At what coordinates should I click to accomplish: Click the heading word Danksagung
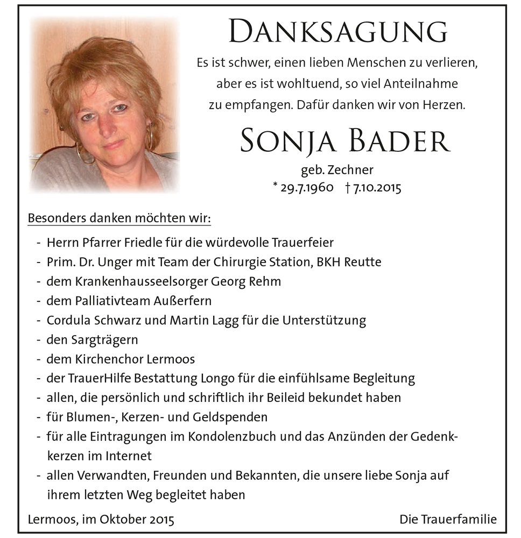pyautogui.click(x=337, y=32)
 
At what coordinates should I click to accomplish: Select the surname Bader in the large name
pyautogui.click(x=396, y=140)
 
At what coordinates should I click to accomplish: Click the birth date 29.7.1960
pyautogui.click(x=306, y=188)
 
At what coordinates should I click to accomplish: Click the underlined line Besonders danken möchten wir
pyautogui.click(x=119, y=219)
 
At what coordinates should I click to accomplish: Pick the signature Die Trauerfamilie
pyautogui.click(x=448, y=520)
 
